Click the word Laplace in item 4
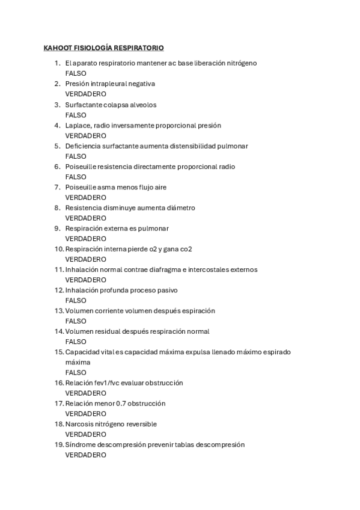click(x=78, y=125)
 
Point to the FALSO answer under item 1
click(x=76, y=73)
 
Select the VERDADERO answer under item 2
click(x=85, y=94)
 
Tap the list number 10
click(x=59, y=249)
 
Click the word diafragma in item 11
click(x=153, y=269)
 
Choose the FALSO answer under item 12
click(x=76, y=300)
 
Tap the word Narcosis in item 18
click(x=80, y=424)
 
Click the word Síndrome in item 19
click(x=81, y=444)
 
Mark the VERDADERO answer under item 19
click(x=85, y=455)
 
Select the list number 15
click(x=59, y=352)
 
